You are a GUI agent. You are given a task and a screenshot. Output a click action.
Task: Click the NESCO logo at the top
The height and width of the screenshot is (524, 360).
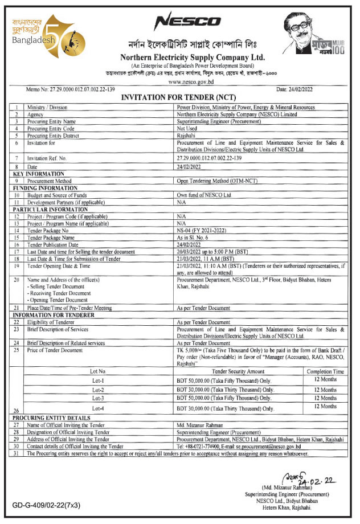[187, 21]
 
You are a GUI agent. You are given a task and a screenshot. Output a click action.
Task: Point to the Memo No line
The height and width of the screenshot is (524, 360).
[63, 90]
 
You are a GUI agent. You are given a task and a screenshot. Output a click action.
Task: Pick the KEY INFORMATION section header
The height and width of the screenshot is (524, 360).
[39, 173]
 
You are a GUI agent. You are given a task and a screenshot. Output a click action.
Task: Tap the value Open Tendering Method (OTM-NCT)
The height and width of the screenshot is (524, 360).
[216, 181]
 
